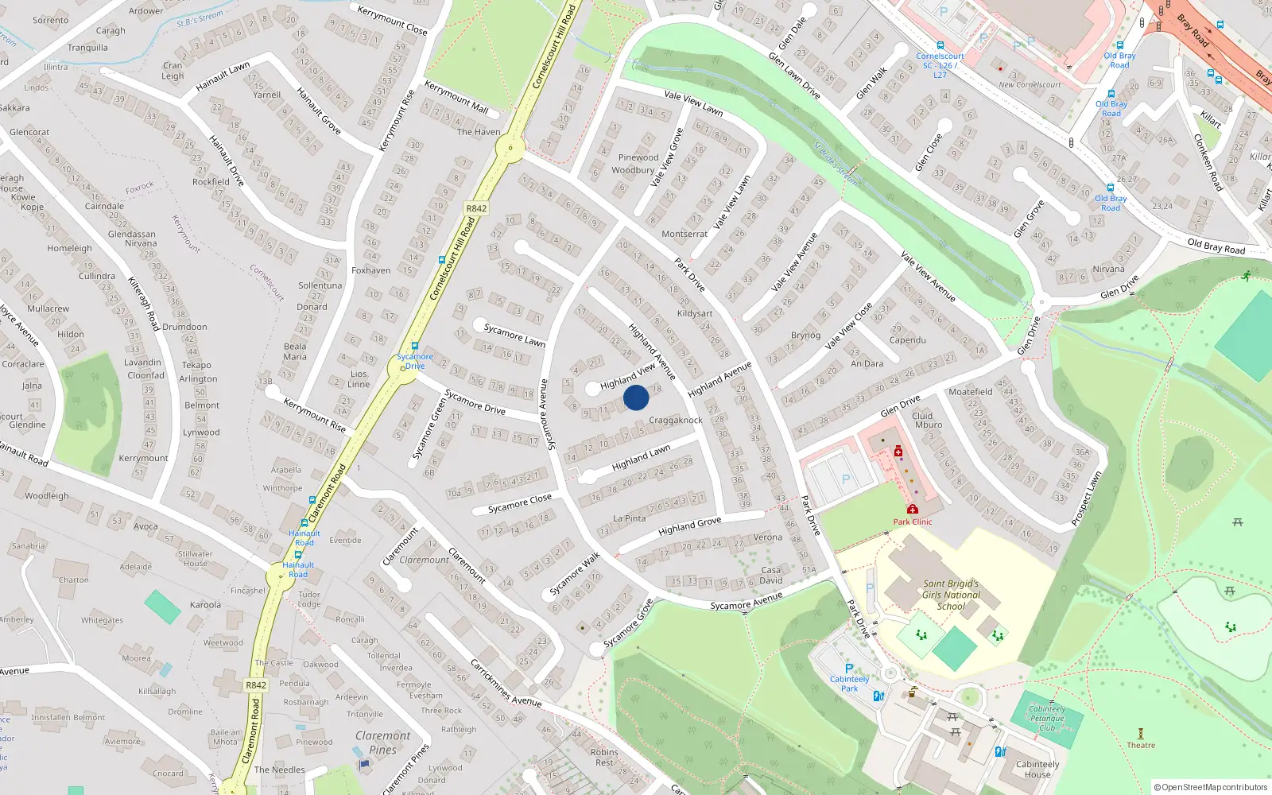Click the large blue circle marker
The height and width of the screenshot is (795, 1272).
coord(636,397)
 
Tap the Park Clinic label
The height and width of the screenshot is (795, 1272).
coord(912,522)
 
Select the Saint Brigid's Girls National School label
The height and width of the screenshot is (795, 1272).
coord(951,595)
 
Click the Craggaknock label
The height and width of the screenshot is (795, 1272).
coord(676,420)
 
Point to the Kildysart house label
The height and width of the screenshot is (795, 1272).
coord(694,313)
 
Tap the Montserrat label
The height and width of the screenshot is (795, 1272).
coord(684,234)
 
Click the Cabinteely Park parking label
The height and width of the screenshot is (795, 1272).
coord(849,683)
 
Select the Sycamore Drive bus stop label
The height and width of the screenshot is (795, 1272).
coord(415,361)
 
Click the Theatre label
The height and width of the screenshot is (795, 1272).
coord(1141,745)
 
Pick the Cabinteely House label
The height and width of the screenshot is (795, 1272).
coord(1037,769)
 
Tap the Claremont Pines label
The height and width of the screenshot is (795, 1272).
coord(383,743)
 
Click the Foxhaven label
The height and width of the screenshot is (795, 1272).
coord(371,270)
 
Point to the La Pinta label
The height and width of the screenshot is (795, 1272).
coord(630,518)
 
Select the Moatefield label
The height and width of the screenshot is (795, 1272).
coord(970,392)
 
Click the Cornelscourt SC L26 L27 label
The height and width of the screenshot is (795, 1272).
coord(940,65)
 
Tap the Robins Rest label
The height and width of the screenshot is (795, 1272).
coord(604,757)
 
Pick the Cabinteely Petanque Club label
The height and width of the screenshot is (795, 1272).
coord(1046,718)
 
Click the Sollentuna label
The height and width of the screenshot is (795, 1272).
coord(320,285)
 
